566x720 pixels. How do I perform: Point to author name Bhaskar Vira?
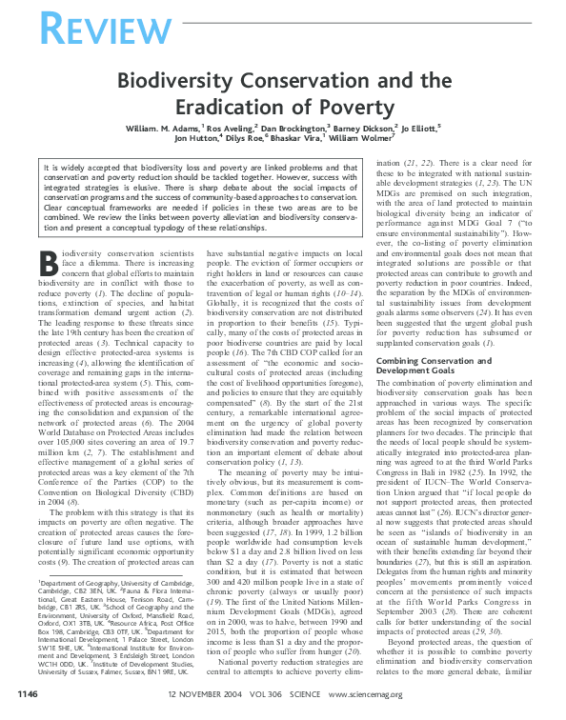pos(306,139)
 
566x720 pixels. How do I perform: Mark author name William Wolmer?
pos(372,139)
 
